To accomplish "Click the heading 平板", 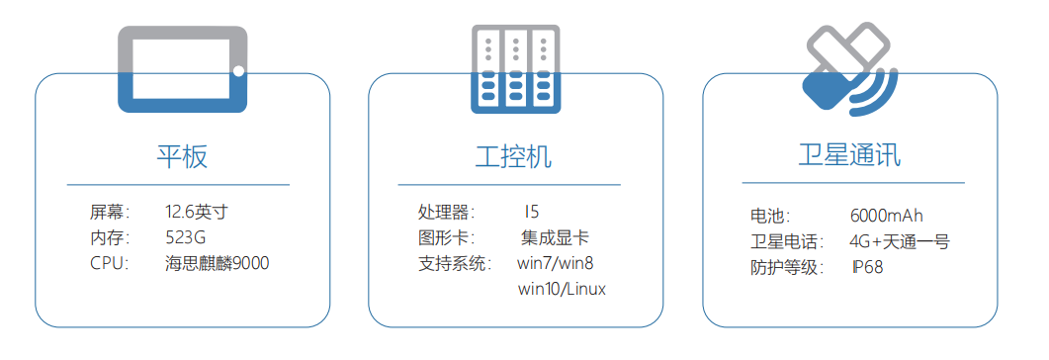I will pos(182,156).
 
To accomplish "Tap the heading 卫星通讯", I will pos(849,156).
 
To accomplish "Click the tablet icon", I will pos(183,69).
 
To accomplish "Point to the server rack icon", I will pos(514,69).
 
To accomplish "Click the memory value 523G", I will pos(185,237).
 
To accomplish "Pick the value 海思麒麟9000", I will pos(218,263).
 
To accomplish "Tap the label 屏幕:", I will pos(110,212).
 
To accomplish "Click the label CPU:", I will pos(110,263).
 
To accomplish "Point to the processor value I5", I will pos(532,212).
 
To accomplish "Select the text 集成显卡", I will pos(555,237).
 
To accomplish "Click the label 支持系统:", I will pos(454,263).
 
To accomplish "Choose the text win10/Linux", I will pos(562,289).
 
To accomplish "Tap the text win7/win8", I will pos(555,263).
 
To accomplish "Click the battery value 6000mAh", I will pos(886,216).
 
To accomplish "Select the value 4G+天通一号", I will pos(900,241).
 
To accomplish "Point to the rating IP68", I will pos(868,267).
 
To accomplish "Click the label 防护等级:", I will pos(787,267).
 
